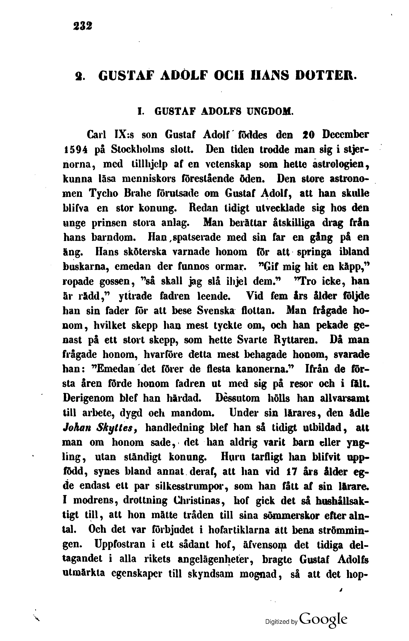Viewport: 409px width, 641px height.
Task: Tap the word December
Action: [x=345, y=135]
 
